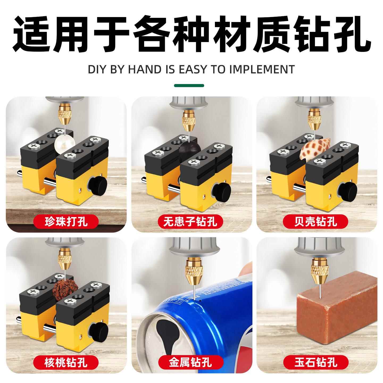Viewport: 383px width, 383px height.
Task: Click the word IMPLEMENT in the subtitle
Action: (262, 69)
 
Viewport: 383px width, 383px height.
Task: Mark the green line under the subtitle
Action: (189, 85)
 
